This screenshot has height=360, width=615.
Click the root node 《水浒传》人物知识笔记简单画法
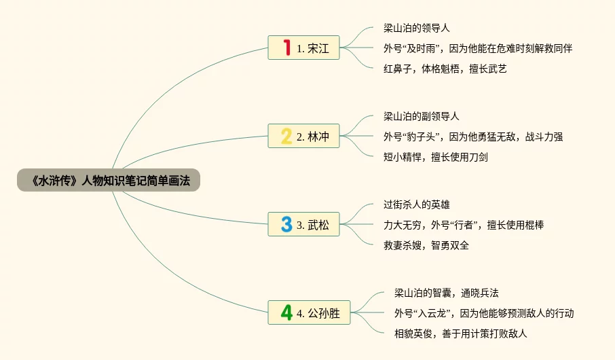click(x=109, y=180)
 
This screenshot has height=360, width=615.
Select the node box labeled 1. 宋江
click(x=303, y=48)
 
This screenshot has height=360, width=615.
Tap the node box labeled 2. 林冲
click(x=303, y=136)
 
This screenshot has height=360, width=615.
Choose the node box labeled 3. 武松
click(x=303, y=224)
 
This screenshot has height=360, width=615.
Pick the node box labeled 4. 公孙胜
click(x=308, y=312)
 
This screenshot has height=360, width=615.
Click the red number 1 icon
click(x=286, y=48)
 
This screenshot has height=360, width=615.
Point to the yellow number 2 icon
click(x=286, y=136)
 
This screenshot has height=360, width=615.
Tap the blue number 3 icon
click(x=286, y=224)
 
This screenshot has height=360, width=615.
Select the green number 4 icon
click(x=286, y=312)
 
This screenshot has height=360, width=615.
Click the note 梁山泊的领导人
click(x=416, y=28)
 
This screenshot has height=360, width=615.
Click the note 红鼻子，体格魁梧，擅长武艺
click(x=445, y=68)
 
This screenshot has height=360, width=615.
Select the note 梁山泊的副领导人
click(x=421, y=116)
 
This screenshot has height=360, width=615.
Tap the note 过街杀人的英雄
click(x=416, y=204)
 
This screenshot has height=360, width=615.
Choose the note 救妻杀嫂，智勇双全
click(x=426, y=245)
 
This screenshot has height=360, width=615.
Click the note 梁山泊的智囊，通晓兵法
click(x=446, y=293)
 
